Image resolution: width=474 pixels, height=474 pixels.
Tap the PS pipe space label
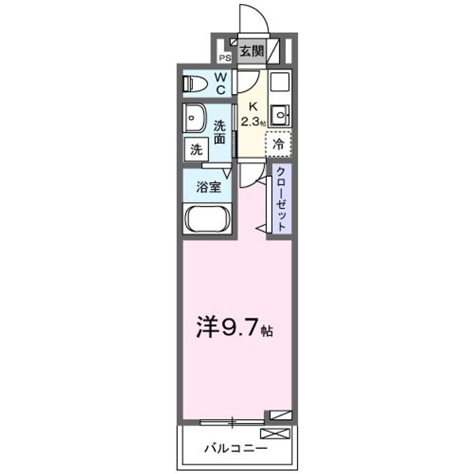click(224, 57)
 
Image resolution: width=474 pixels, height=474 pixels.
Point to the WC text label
click(222, 84)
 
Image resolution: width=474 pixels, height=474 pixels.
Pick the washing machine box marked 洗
click(196, 149)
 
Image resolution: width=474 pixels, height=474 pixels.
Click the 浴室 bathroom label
click(209, 187)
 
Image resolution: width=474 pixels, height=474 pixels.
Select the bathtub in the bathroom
click(207, 219)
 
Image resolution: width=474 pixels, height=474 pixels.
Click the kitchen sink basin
click(280, 116)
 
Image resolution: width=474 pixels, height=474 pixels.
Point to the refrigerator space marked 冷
click(279, 142)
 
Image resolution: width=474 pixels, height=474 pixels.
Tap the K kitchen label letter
click(252, 105)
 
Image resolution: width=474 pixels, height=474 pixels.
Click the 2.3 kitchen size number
click(251, 121)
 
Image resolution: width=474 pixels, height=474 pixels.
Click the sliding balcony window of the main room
click(232, 421)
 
